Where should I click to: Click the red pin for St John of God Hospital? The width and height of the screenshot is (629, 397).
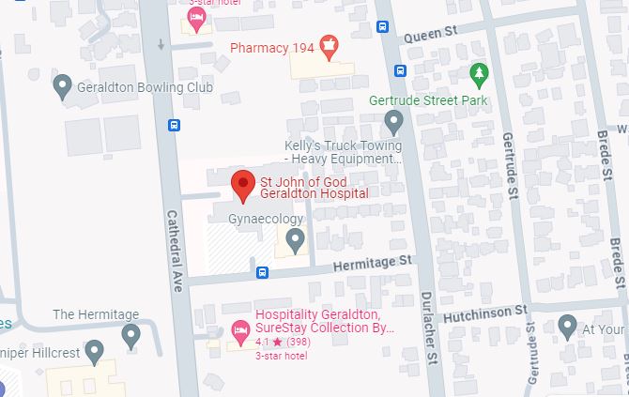click(243, 184)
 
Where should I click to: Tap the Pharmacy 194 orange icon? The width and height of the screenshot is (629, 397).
click(328, 43)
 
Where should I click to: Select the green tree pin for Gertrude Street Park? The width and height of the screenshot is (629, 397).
click(479, 73)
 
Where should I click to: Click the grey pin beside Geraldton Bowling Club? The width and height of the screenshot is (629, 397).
click(63, 87)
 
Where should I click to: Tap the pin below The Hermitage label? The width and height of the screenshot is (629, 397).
click(130, 333)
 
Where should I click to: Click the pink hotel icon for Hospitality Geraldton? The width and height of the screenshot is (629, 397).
click(239, 329)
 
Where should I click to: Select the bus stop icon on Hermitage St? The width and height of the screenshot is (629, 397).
click(263, 273)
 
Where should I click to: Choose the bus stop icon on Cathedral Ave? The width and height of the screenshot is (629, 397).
click(174, 125)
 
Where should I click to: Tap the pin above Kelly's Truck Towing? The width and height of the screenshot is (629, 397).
click(393, 121)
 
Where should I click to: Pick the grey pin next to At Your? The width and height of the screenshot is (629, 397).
click(567, 327)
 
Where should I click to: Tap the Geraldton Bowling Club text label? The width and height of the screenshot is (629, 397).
click(146, 88)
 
